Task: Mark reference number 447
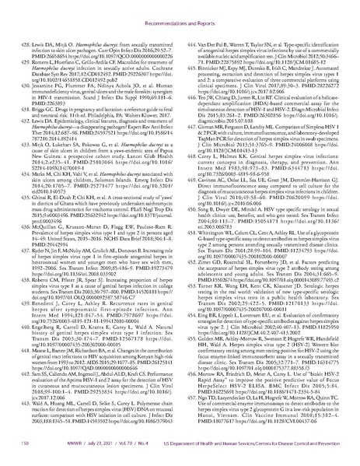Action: tap(189, 91)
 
